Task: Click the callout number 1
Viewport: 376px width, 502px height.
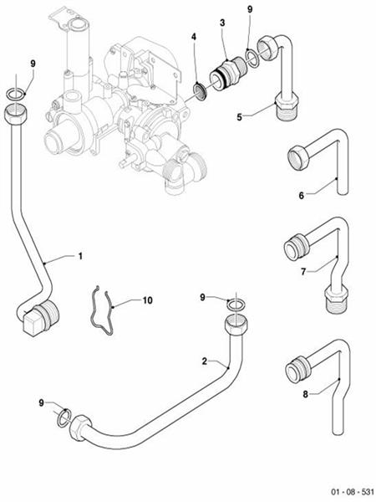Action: tap(80, 255)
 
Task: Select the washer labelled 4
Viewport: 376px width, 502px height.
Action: tap(201, 90)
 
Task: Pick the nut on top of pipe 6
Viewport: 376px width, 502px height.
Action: tap(300, 156)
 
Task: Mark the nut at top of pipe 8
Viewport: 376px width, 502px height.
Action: tap(297, 367)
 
